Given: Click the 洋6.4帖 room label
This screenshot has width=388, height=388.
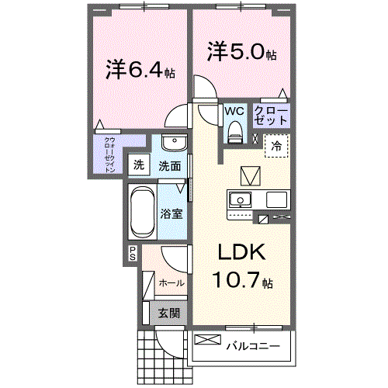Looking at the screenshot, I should pos(140,70).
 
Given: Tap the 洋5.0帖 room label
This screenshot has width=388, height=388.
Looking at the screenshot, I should pos(241,54).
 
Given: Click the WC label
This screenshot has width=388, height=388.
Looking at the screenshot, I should pos(234,111).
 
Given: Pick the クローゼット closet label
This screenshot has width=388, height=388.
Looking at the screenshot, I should pos(272,116).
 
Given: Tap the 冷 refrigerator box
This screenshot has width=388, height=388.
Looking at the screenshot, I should pos(276,145).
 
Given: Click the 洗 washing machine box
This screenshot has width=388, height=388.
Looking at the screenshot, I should pos(138,165).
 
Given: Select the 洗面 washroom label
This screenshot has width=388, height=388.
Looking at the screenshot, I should pos(170,165).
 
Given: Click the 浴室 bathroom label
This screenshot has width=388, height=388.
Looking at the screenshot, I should pos(172,213).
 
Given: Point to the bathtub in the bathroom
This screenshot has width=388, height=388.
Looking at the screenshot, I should pos(142,212).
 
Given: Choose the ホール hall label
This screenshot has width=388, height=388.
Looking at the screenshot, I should pos(171,283).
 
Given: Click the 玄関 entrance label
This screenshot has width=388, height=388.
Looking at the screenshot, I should pos(169,314).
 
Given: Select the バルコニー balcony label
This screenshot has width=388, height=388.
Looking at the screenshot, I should pos(251,345).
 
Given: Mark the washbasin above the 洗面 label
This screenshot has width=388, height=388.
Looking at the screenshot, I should pos(174,145).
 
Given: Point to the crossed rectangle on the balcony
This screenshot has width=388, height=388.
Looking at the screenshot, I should pos(207,339).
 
